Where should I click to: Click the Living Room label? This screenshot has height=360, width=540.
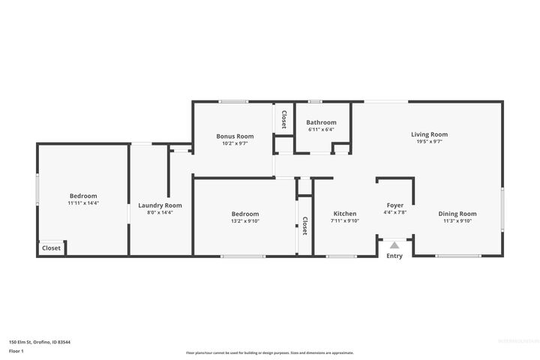pyautogui.click(x=429, y=134)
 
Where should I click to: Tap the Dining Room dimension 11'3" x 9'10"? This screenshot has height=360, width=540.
pyautogui.click(x=457, y=221)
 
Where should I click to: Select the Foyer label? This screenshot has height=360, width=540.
pyautogui.click(x=394, y=205)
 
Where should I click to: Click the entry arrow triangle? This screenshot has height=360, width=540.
pyautogui.click(x=394, y=244)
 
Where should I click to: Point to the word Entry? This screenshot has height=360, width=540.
pyautogui.click(x=394, y=256)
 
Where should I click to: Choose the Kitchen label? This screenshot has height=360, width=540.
pyautogui.click(x=345, y=213)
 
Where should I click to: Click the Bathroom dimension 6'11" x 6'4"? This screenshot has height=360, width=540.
pyautogui.click(x=321, y=130)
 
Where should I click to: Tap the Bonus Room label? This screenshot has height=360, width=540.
pyautogui.click(x=235, y=136)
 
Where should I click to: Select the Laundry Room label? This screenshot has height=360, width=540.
pyautogui.click(x=160, y=205)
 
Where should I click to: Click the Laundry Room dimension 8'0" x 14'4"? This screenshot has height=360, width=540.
pyautogui.click(x=160, y=213)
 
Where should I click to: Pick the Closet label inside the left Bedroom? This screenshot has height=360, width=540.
pyautogui.click(x=52, y=247)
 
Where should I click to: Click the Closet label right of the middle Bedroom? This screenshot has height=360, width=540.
pyautogui.click(x=305, y=226)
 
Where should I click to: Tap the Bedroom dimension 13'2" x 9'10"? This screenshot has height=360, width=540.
pyautogui.click(x=244, y=221)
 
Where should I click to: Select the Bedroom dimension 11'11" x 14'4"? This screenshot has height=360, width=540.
pyautogui.click(x=82, y=203)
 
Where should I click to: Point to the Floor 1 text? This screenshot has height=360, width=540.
pyautogui.click(x=16, y=350)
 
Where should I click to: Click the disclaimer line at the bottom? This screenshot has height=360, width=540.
pyautogui.click(x=269, y=352)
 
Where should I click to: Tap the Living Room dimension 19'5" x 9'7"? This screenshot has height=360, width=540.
pyautogui.click(x=429, y=142)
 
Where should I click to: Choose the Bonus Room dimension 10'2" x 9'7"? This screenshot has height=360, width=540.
pyautogui.click(x=235, y=143)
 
